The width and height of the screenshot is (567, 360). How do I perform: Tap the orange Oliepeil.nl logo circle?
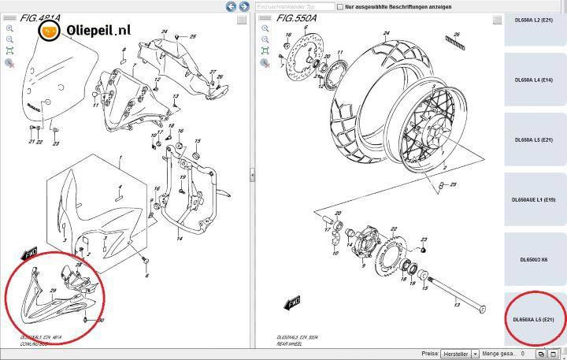pos(50,32)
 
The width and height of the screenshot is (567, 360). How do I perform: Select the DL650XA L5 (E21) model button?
pos(535,319)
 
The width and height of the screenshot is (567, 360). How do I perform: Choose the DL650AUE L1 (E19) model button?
pos(535,199)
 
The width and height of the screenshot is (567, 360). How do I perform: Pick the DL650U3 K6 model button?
pos(535,259)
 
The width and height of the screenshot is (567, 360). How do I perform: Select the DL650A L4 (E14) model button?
pos(535,80)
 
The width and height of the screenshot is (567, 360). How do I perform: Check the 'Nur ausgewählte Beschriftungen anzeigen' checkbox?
pos(339,6)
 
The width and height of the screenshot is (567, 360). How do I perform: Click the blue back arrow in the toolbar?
pos(231,6)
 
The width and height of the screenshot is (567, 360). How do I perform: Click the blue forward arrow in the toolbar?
pos(243,6)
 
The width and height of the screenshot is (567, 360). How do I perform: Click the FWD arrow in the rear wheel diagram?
pos(291,302)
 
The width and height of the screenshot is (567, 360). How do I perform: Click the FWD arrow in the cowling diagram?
pos(30,253)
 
